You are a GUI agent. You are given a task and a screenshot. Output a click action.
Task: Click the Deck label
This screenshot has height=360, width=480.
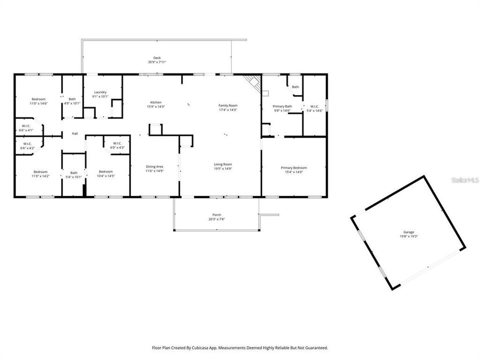coord(156,58)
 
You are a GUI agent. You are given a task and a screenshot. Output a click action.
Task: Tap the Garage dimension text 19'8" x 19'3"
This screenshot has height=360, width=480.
coord(409,236)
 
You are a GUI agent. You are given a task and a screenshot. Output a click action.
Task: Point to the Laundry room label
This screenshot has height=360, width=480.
coord(100,92)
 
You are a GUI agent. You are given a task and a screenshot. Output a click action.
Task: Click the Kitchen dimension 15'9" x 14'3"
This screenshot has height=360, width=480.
coord(155,106)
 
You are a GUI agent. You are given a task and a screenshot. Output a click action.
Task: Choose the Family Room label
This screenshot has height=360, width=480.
coord(227,105)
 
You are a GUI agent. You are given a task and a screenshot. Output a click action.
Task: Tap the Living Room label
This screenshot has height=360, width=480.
coord(223,164)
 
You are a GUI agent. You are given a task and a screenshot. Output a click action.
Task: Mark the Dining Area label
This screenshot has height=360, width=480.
coord(154,166)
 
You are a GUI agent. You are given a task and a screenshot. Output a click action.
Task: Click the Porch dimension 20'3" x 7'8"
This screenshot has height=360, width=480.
coord(216,219)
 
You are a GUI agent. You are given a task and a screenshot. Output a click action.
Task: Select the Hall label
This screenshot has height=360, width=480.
coord(75,133)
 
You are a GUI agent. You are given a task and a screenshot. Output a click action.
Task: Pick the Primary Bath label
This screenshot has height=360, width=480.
coord(282,106)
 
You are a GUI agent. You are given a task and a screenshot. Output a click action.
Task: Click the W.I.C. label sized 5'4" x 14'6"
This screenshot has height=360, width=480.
coord(314,106)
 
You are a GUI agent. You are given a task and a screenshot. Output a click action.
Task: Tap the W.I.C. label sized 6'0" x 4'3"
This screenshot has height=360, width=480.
coord(118,143)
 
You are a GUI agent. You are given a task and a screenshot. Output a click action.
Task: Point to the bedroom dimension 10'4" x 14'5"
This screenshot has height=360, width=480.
coord(106,176)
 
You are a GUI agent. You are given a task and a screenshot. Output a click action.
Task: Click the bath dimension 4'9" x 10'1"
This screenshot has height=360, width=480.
coord(73,103)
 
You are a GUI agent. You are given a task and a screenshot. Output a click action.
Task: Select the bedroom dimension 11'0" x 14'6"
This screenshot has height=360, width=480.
coord(38,103)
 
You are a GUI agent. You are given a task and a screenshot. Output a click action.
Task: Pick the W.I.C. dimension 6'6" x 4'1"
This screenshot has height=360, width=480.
coord(26,130)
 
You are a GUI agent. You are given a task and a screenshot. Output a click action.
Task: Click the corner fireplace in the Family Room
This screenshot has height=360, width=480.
coord(254,82)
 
